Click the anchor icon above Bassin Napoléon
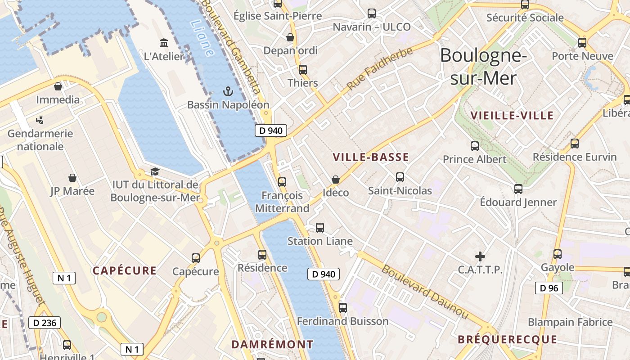point(228,92)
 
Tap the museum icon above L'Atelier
point(164,43)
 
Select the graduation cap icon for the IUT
point(155,171)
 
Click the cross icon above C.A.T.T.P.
point(480,256)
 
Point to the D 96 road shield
point(549,288)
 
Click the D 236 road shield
point(44,323)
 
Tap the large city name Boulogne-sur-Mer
point(483,67)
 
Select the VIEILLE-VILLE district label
point(512,116)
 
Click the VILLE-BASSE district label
point(371,157)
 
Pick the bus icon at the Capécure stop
point(196,258)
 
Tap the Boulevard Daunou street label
point(425,292)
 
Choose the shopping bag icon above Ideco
point(336,180)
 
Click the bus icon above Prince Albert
point(474,146)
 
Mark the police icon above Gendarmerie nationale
point(40,120)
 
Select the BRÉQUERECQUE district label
point(507,340)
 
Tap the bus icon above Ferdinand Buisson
point(343,308)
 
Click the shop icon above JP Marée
point(72,178)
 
